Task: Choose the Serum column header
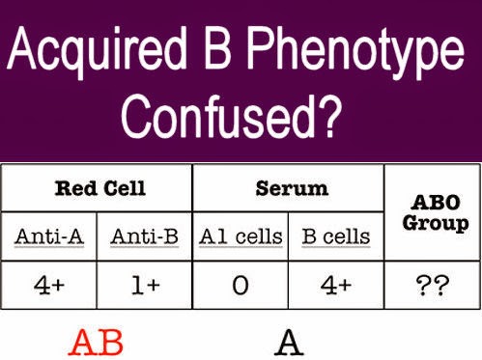pyautogui.click(x=288, y=187)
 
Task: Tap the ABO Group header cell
pyautogui.click(x=433, y=211)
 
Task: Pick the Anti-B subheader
pyautogui.click(x=143, y=236)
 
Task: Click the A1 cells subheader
pyautogui.click(x=241, y=236)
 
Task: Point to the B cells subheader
pyautogui.click(x=337, y=236)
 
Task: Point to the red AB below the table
pyautogui.click(x=98, y=342)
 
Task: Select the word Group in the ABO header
pyautogui.click(x=433, y=223)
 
